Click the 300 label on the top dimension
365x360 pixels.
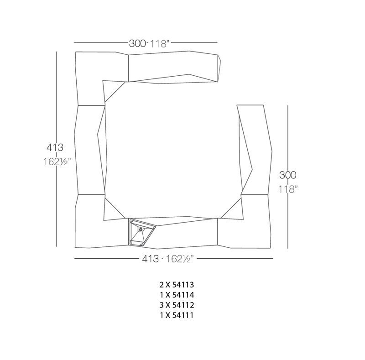tap(137, 43)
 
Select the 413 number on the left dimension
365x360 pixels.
tap(55, 147)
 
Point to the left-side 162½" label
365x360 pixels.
tap(57, 162)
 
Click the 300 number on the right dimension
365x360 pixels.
tap(288, 175)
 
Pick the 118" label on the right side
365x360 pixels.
tap(288, 189)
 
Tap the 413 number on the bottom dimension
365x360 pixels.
tap(151, 259)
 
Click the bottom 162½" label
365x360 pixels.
tap(179, 259)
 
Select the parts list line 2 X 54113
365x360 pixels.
tap(177, 285)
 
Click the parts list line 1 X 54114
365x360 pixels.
tap(177, 295)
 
